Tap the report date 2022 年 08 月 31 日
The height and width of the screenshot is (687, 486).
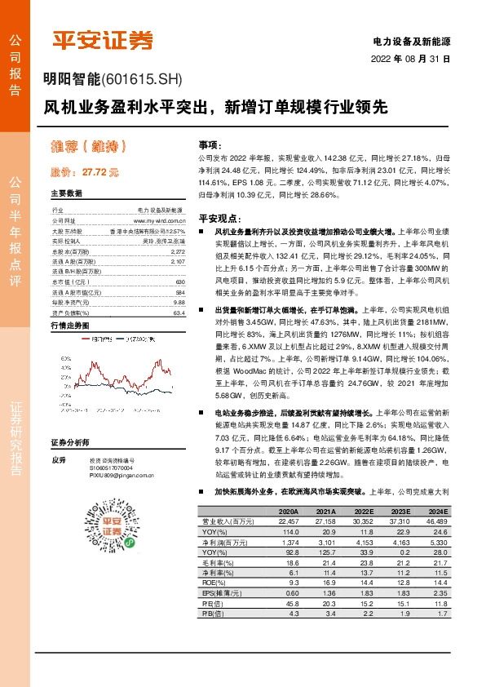click(411, 59)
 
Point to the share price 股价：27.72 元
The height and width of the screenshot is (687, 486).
click(85, 172)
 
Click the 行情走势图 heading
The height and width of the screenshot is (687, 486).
click(69, 325)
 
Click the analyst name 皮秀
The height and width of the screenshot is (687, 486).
click(57, 460)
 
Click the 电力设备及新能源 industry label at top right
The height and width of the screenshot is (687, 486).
click(411, 40)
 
